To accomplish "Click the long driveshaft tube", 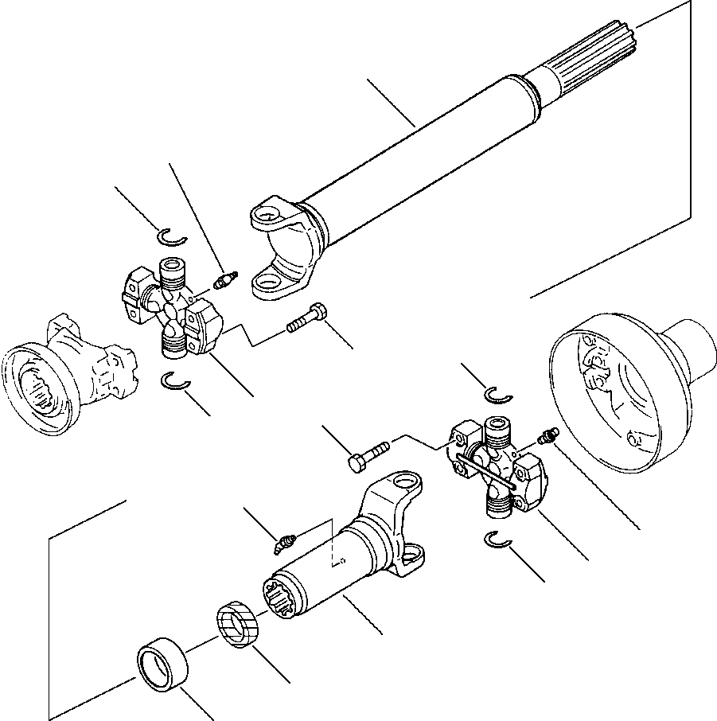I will (414, 151).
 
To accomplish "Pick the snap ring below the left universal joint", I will (174, 383).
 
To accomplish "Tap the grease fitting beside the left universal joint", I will (226, 280).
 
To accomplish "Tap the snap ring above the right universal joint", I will (499, 395).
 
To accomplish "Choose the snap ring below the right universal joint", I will (498, 540).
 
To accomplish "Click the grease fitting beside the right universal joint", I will (547, 435).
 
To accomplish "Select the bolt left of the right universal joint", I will (367, 454).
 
